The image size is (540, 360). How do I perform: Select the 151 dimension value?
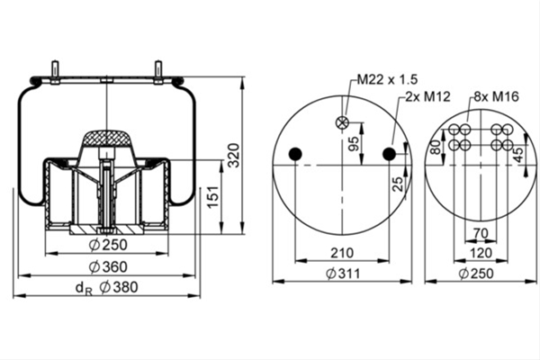click(213, 197)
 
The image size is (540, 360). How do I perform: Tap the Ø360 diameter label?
click(108, 267)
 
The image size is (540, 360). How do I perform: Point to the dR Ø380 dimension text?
click(106, 288)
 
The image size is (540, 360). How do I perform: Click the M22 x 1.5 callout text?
click(387, 79)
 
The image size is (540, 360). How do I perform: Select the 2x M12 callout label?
click(427, 96)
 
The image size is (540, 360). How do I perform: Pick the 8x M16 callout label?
click(496, 96)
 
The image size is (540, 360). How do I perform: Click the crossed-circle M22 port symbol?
click(342, 122)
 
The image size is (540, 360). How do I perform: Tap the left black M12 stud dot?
click(295, 154)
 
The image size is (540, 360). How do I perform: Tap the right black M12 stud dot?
click(389, 154)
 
